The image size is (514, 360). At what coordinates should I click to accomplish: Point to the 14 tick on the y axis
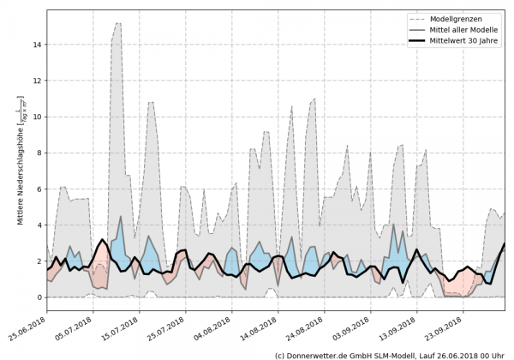[38, 44]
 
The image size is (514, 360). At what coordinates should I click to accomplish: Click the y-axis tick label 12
[38, 80]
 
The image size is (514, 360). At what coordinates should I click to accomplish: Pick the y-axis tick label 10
[38, 117]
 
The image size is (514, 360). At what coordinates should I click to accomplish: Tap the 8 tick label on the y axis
[39, 153]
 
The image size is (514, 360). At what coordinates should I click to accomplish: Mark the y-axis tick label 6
[39, 189]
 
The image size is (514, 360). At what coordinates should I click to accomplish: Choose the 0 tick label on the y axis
[39, 297]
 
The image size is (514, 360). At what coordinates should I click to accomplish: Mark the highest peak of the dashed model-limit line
[117, 23]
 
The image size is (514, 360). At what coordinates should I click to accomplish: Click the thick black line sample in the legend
[418, 41]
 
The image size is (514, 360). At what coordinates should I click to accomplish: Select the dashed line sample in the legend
[418, 17]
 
